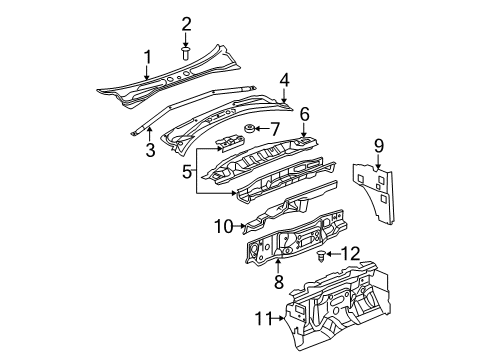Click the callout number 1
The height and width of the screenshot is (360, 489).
pos(147,57)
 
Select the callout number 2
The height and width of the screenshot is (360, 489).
pos(186,24)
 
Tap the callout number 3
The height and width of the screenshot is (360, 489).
pos(150,150)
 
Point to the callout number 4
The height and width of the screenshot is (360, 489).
pos(284,79)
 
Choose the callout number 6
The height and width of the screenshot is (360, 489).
pos(304,115)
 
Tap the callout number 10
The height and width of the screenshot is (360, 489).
pos(223,227)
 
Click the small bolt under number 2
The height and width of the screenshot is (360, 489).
pos(186,49)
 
